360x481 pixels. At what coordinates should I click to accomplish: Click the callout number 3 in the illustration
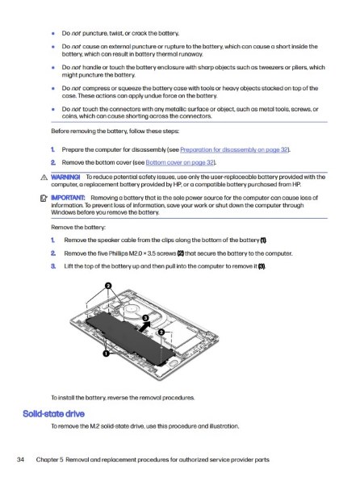(x=145, y=318)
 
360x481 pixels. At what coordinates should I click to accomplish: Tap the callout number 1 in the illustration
(x=106, y=353)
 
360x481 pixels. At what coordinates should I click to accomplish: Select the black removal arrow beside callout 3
(x=144, y=327)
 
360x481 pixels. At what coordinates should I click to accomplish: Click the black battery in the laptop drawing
(x=129, y=338)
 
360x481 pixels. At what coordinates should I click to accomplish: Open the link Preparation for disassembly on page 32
(x=234, y=149)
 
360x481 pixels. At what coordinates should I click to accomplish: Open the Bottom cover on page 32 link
(x=179, y=162)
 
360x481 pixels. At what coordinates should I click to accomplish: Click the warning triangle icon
(x=44, y=178)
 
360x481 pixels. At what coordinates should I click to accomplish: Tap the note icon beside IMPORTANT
(x=44, y=199)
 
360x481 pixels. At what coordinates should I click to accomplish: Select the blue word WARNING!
(x=65, y=177)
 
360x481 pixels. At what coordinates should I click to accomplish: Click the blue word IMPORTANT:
(x=68, y=198)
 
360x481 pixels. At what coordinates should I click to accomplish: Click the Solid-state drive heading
(x=54, y=414)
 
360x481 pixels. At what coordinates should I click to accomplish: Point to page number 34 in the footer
(x=20, y=459)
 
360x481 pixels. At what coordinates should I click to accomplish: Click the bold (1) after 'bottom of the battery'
(x=263, y=240)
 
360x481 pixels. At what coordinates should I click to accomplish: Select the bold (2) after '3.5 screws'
(x=181, y=253)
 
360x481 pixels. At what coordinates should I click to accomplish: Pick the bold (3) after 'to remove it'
(x=262, y=266)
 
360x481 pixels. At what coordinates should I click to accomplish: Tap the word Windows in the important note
(x=61, y=212)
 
